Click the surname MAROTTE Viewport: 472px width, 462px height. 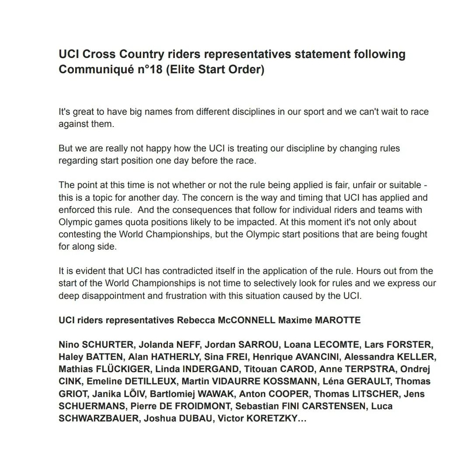(x=337, y=320)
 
